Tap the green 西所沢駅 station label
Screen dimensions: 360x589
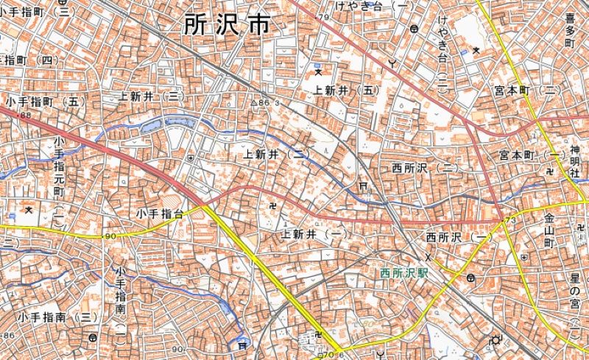pyautogui.click(x=404, y=273)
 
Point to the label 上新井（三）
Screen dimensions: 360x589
pyautogui.click(x=150, y=96)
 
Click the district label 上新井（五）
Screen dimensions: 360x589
pyautogui.click(x=346, y=90)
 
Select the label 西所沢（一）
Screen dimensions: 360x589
pyautogui.click(x=459, y=237)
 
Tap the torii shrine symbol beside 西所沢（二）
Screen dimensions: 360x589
pyautogui.click(x=362, y=187)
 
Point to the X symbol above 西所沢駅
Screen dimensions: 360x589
pyautogui.click(x=428, y=258)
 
